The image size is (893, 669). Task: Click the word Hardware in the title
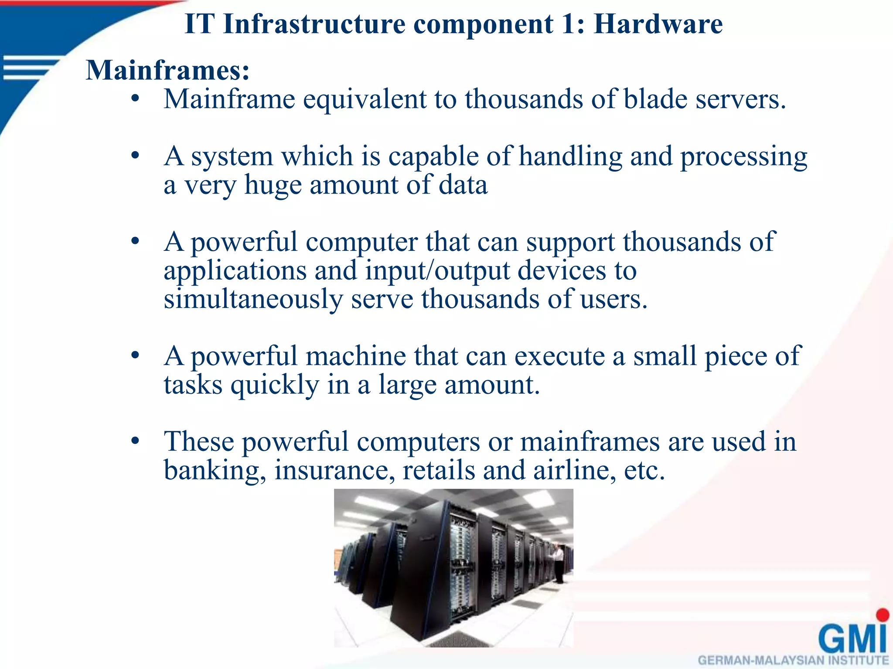(x=658, y=24)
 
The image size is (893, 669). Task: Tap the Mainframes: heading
(x=168, y=70)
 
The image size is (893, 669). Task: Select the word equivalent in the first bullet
(x=365, y=100)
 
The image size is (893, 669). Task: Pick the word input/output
(x=437, y=271)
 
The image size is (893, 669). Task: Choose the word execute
(x=560, y=356)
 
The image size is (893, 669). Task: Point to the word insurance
(x=334, y=470)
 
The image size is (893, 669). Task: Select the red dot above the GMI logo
(x=883, y=615)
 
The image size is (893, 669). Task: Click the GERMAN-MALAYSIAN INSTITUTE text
(x=793, y=661)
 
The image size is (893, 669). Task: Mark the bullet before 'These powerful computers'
(x=135, y=441)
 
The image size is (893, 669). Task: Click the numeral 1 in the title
(x=569, y=24)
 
